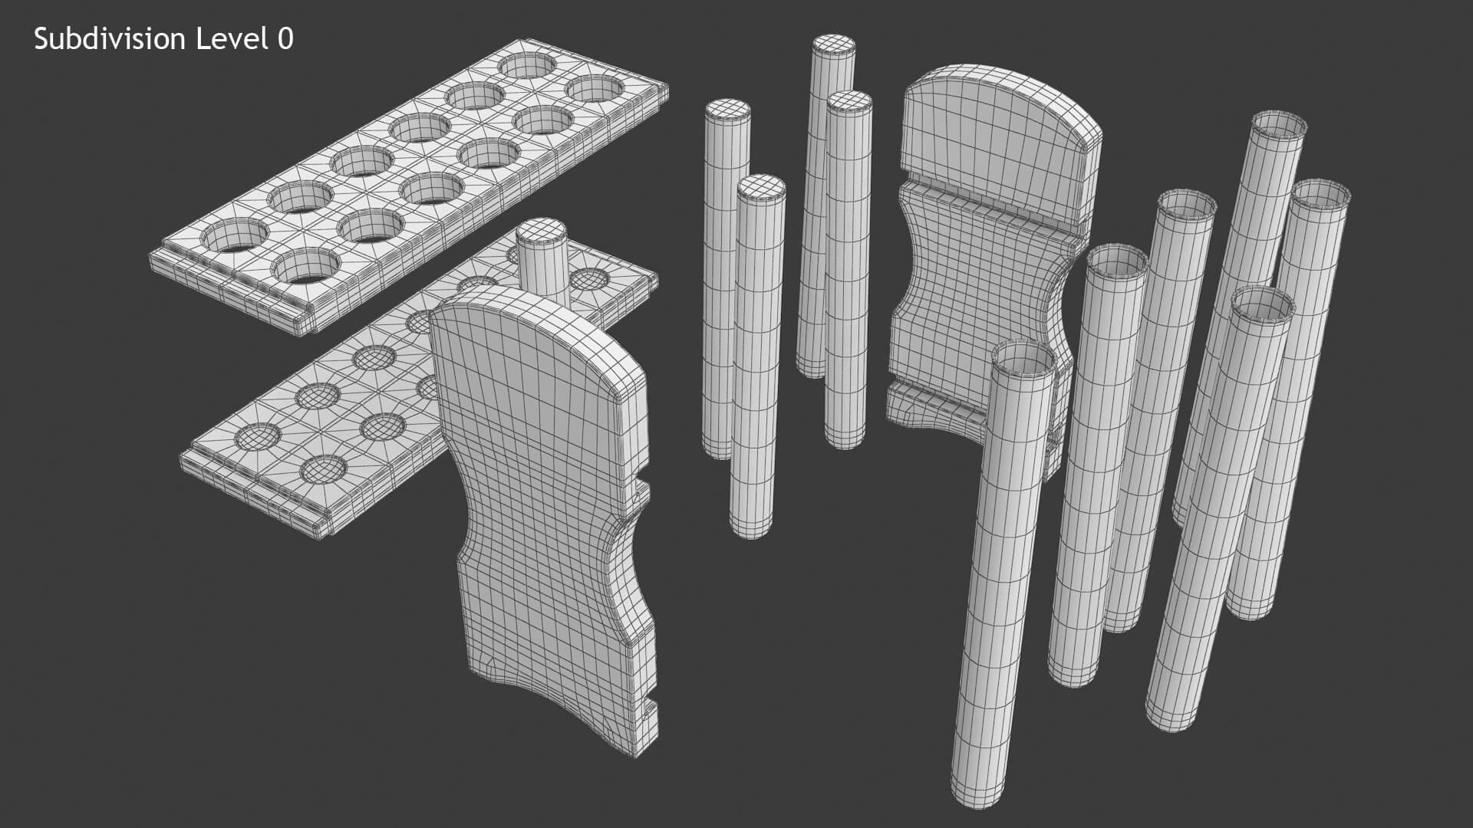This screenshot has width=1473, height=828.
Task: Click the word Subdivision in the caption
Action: (110, 39)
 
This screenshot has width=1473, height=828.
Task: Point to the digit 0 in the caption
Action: (285, 39)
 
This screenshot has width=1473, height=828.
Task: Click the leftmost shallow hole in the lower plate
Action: (258, 437)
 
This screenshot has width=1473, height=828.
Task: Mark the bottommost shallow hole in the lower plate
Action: (321, 468)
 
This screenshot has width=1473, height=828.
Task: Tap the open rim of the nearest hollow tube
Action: (1024, 362)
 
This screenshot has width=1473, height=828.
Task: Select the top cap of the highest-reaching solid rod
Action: (834, 44)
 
